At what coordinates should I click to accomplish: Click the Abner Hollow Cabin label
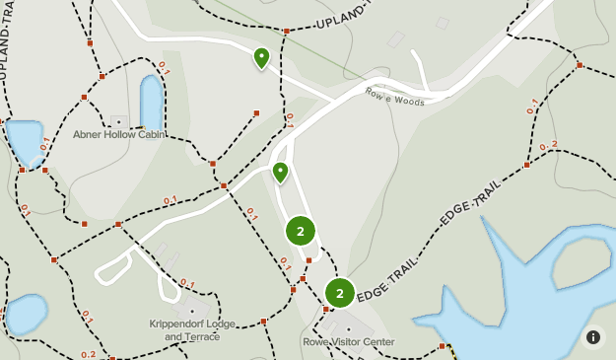pyautogui.click(x=118, y=135)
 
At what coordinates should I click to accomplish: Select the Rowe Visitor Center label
pyautogui.click(x=349, y=342)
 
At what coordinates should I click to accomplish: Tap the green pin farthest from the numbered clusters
pyautogui.click(x=261, y=58)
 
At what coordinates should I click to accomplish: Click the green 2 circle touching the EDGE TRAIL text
pyautogui.click(x=339, y=293)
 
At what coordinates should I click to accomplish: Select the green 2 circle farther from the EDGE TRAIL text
pyautogui.click(x=301, y=231)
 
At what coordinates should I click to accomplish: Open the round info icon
pyautogui.click(x=593, y=336)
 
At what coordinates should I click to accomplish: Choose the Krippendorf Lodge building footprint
pyautogui.click(x=166, y=311)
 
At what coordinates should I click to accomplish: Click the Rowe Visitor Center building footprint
pyautogui.click(x=348, y=328)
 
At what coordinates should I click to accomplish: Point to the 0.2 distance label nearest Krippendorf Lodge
pyautogui.click(x=89, y=354)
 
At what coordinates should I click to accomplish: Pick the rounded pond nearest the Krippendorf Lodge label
pyautogui.click(x=24, y=314)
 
